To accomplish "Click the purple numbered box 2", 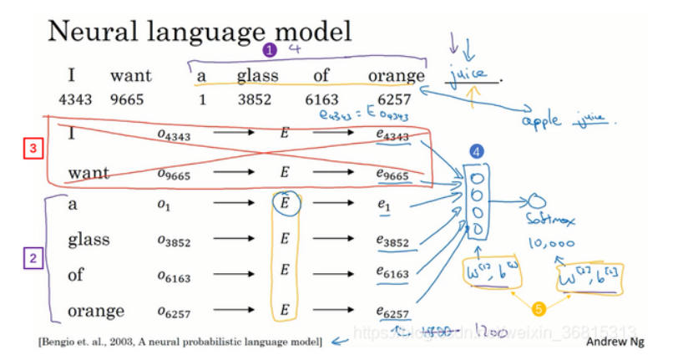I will pos(31,258).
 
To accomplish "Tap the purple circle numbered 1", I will pos(270,50).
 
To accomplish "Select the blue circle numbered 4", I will pos(476,152).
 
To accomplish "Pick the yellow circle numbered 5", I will pos(538,309).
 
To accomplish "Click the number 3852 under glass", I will pos(256,99).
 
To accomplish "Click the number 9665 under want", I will pos(127,99).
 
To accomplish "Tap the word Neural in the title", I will pos(91,33).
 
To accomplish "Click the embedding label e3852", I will pos(392,241).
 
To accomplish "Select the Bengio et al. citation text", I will pos(179,342).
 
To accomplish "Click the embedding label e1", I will pos(385,205).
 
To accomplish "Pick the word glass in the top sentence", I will pos(257,76).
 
